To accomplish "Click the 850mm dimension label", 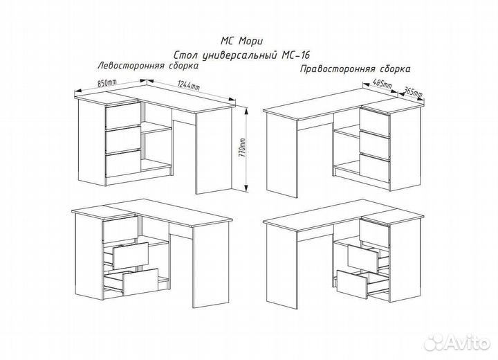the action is [107, 83].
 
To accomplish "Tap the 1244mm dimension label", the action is [189, 86].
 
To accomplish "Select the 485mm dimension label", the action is [382, 84].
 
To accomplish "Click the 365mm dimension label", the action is [412, 92].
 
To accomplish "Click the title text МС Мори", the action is [241, 41].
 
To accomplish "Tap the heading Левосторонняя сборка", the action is [148, 66].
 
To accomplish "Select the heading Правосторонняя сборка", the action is [355, 69].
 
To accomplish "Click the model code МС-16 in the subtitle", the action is [295, 55].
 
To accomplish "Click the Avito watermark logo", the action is [457, 342].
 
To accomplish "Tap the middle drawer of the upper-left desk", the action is [123, 140].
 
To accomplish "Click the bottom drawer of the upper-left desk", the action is [123, 164].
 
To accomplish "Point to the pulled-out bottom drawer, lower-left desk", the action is [140, 282].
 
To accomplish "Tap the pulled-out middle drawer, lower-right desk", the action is [364, 258].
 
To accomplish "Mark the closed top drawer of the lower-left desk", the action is [120, 230].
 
